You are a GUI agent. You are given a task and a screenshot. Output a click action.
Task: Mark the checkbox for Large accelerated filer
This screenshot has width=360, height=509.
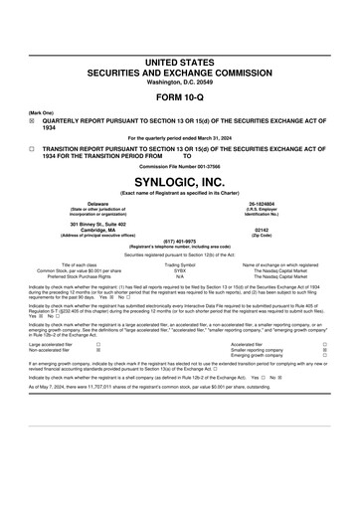tap(97, 345)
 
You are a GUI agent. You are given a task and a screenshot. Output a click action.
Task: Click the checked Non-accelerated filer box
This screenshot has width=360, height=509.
tap(97, 351)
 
